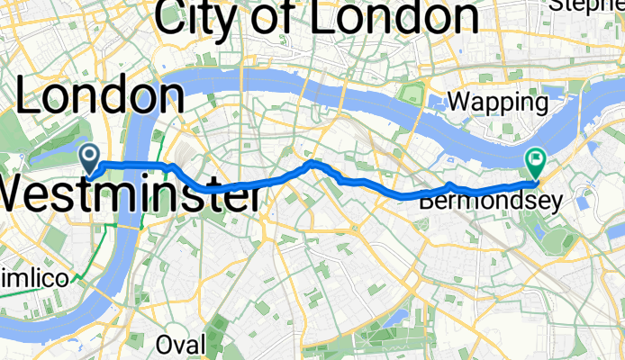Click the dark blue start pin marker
91,157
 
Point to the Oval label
180,344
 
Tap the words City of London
316,16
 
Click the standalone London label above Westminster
99,96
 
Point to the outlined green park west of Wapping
412,94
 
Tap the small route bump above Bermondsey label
449,185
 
